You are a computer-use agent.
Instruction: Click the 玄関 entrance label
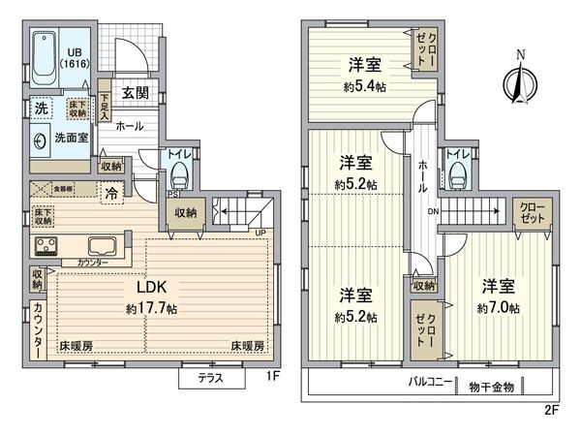(x=135, y=93)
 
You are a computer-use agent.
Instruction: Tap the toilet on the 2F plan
(x=458, y=175)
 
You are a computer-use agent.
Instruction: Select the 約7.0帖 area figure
(x=498, y=308)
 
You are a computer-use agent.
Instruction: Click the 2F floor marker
(x=552, y=410)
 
